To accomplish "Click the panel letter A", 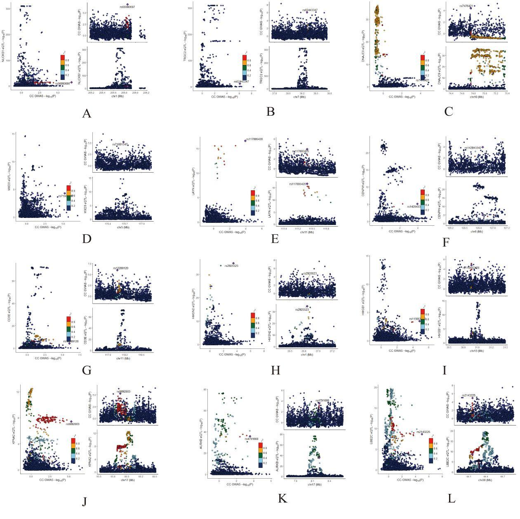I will coord(86,113).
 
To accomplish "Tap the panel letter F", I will coord(446,242).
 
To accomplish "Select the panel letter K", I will coord(282,498).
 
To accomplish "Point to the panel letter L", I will coord(452,498).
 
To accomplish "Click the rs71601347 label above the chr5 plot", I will coord(120,145).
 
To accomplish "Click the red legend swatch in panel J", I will coord(73,440).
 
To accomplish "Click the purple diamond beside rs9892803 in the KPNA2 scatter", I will coord(71,421).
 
